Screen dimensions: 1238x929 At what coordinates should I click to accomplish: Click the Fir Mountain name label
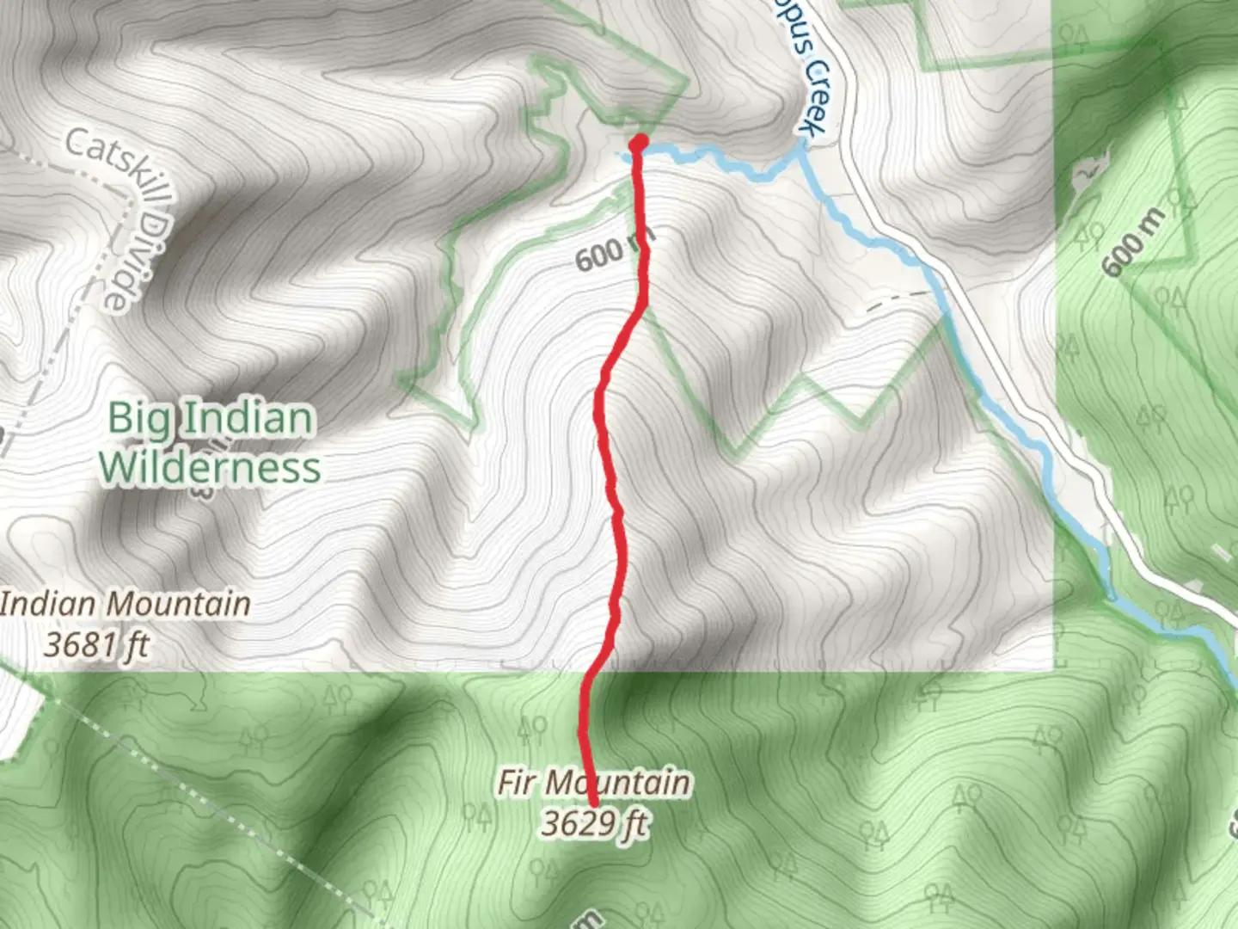click(593, 783)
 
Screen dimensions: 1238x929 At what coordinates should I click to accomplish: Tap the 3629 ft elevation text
click(593, 823)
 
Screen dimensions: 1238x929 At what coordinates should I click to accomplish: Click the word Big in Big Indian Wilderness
click(133, 419)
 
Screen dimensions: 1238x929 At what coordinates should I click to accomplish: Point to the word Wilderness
click(209, 467)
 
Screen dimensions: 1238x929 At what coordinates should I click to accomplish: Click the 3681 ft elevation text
click(97, 643)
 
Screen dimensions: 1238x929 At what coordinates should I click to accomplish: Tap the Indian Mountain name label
click(126, 604)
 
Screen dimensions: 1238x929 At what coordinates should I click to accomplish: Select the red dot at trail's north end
click(638, 143)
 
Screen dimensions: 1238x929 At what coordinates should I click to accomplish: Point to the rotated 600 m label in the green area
click(1134, 243)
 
